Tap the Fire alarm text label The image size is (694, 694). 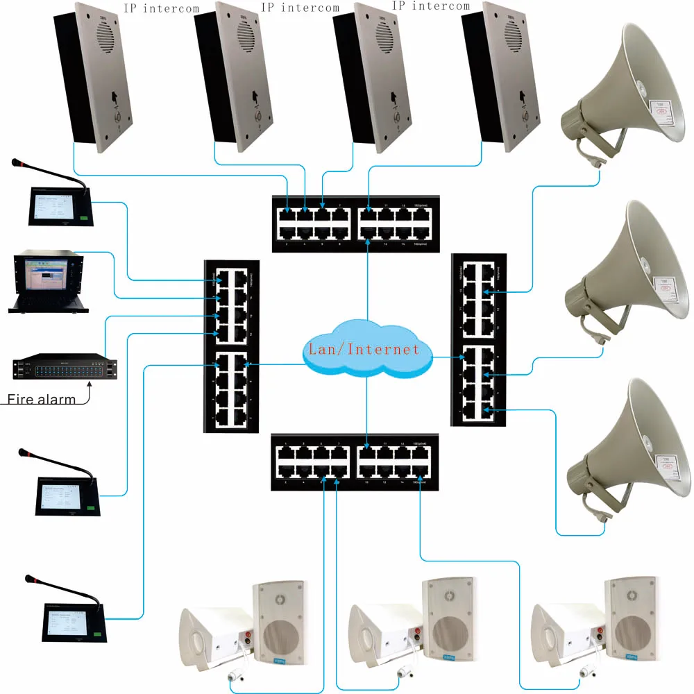coord(40,400)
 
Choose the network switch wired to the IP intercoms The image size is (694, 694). coord(355,222)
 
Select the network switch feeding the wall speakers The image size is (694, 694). coord(355,462)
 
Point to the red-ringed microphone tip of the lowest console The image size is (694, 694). coord(28,578)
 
